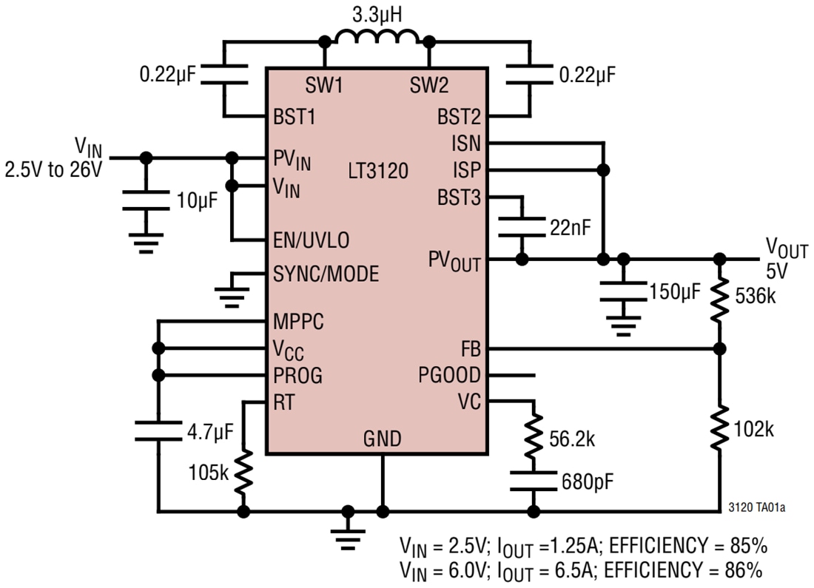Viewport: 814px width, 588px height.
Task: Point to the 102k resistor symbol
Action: point(719,429)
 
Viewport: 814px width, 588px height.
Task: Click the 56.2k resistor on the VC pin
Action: point(533,438)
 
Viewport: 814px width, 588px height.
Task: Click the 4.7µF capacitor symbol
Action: point(158,430)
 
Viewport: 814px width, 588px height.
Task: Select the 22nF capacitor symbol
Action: point(522,226)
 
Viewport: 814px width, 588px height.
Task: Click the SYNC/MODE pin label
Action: point(326,274)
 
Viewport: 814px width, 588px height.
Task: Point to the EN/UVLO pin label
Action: point(311,240)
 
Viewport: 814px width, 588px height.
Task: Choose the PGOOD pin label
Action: point(449,375)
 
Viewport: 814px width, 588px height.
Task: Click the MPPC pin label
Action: point(298,322)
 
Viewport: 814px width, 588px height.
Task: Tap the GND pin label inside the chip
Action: point(382,439)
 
